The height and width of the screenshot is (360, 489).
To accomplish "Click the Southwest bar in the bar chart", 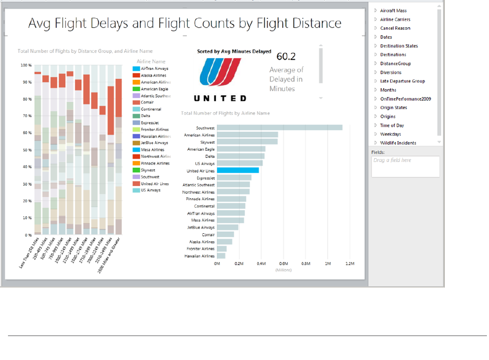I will [x=279, y=128].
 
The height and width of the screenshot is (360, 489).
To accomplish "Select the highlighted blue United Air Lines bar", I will [x=238, y=170].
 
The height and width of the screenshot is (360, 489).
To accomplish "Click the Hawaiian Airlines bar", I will [x=221, y=256].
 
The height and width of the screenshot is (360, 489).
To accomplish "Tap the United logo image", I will [x=220, y=73].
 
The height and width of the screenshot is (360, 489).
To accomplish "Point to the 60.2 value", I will [x=286, y=56].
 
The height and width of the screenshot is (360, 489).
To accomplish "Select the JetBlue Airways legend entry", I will [x=154, y=143].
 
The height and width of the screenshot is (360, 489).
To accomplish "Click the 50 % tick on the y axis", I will [x=26, y=150].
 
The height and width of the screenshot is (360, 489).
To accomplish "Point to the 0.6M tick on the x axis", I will [x=284, y=264].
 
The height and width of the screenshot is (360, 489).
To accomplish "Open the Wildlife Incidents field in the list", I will [x=398, y=143].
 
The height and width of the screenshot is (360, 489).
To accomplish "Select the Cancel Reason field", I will [x=395, y=28].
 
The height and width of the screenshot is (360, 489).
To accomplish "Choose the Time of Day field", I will [x=392, y=125].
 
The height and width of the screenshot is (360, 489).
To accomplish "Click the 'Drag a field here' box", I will [x=405, y=166].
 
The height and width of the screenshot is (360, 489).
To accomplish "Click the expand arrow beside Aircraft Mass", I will [x=376, y=11].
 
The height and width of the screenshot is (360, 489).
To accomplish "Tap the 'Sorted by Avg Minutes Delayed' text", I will [x=234, y=52].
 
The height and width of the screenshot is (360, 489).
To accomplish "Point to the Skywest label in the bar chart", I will [x=206, y=142].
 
